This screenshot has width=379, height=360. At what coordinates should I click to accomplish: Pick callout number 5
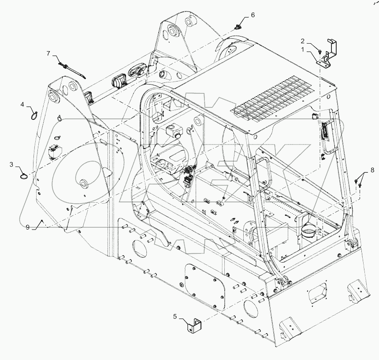[x=175, y=316]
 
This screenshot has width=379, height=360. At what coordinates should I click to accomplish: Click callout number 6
[x=253, y=15]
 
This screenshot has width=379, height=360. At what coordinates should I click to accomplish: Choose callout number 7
[x=49, y=53]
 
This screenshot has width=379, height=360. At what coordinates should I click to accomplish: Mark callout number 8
[x=372, y=169]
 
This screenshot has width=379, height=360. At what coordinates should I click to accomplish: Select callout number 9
[x=27, y=227]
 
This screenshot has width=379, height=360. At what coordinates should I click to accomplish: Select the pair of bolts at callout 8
[x=358, y=182]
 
